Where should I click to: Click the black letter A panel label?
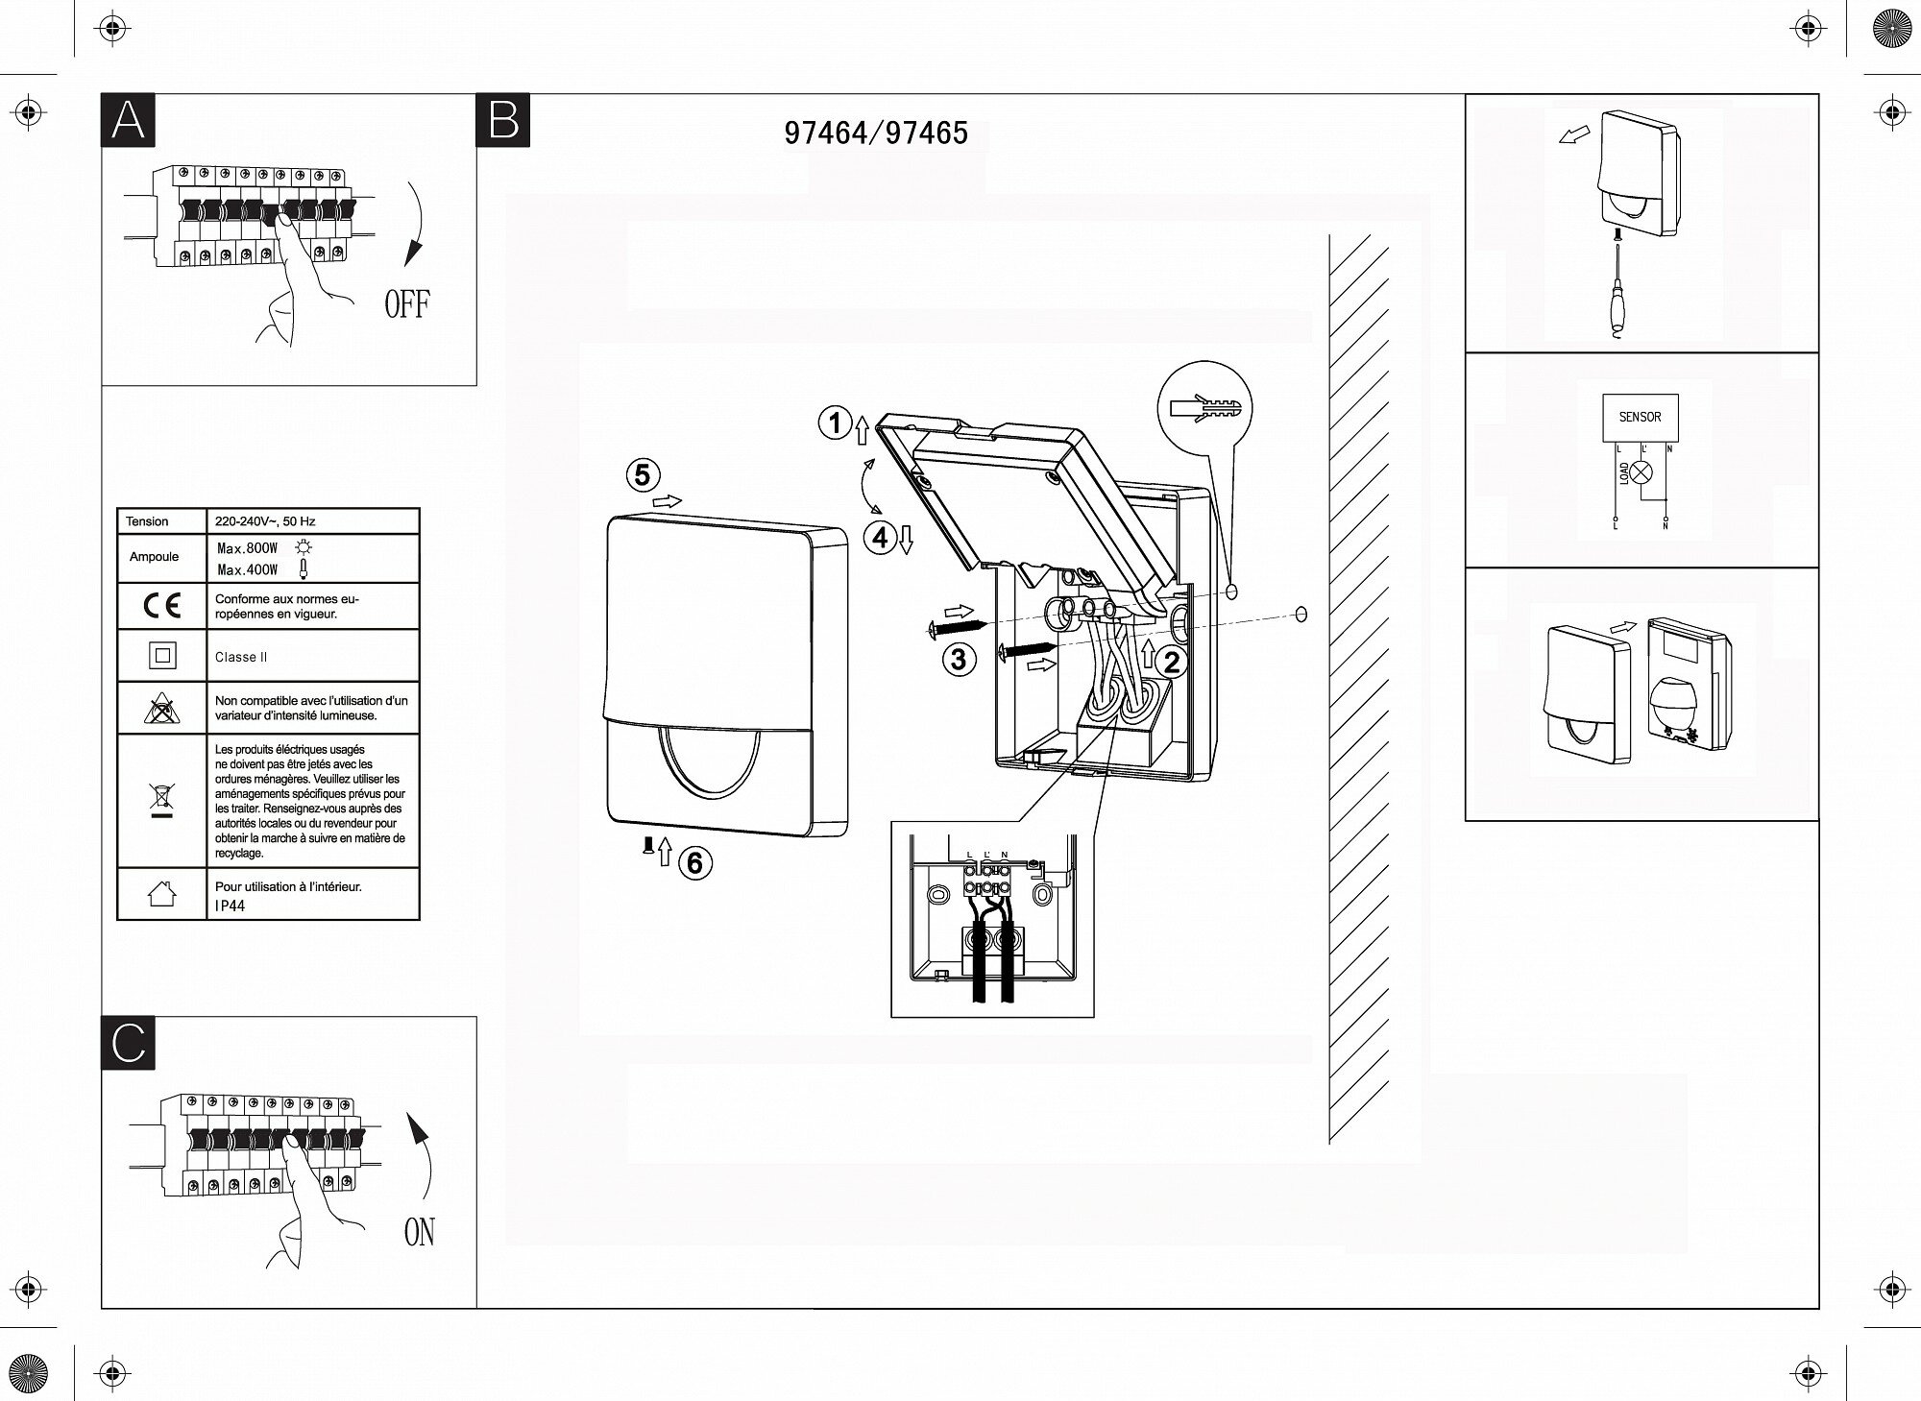pyautogui.click(x=128, y=121)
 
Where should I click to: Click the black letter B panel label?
pyautogui.click(x=503, y=121)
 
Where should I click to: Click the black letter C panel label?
pyautogui.click(x=128, y=1043)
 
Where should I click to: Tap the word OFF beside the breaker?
pyautogui.click(x=407, y=304)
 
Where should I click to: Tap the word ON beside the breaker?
pyautogui.click(x=420, y=1232)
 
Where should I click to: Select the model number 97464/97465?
pyautogui.click(x=876, y=133)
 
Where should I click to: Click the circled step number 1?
pyautogui.click(x=835, y=423)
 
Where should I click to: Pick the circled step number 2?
pyautogui.click(x=1171, y=662)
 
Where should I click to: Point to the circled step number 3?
pyautogui.click(x=959, y=659)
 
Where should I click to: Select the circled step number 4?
pyautogui.click(x=881, y=538)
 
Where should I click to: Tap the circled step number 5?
pyautogui.click(x=643, y=474)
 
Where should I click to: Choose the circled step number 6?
pyautogui.click(x=695, y=863)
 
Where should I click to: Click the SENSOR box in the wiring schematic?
pyautogui.click(x=1640, y=417)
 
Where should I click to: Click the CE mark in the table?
pyautogui.click(x=161, y=606)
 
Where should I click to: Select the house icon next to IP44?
pyautogui.click(x=161, y=895)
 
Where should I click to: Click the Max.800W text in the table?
pyautogui.click(x=248, y=548)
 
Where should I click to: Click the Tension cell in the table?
pyautogui.click(x=147, y=521)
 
